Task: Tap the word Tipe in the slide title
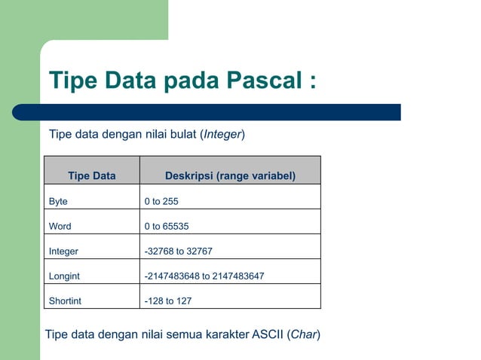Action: [x=75, y=81]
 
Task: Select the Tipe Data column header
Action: [x=92, y=176]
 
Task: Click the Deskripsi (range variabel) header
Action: [x=230, y=176]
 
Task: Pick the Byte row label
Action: [x=58, y=202]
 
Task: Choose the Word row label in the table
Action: [x=60, y=227]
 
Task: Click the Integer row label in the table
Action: [x=63, y=252]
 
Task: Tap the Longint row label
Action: [x=64, y=276]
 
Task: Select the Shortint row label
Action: [x=65, y=301]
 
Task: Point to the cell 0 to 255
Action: [x=161, y=202]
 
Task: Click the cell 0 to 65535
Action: [x=167, y=227]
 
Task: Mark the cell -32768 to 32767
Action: [x=179, y=252]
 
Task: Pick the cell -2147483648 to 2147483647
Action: [x=204, y=276]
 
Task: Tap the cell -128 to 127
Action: [x=168, y=301]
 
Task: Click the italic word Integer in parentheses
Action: [x=222, y=135]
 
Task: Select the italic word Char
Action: [x=303, y=334]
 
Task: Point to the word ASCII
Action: [x=266, y=334]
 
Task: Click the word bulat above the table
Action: [x=182, y=135]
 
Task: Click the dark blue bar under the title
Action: [x=207, y=112]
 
